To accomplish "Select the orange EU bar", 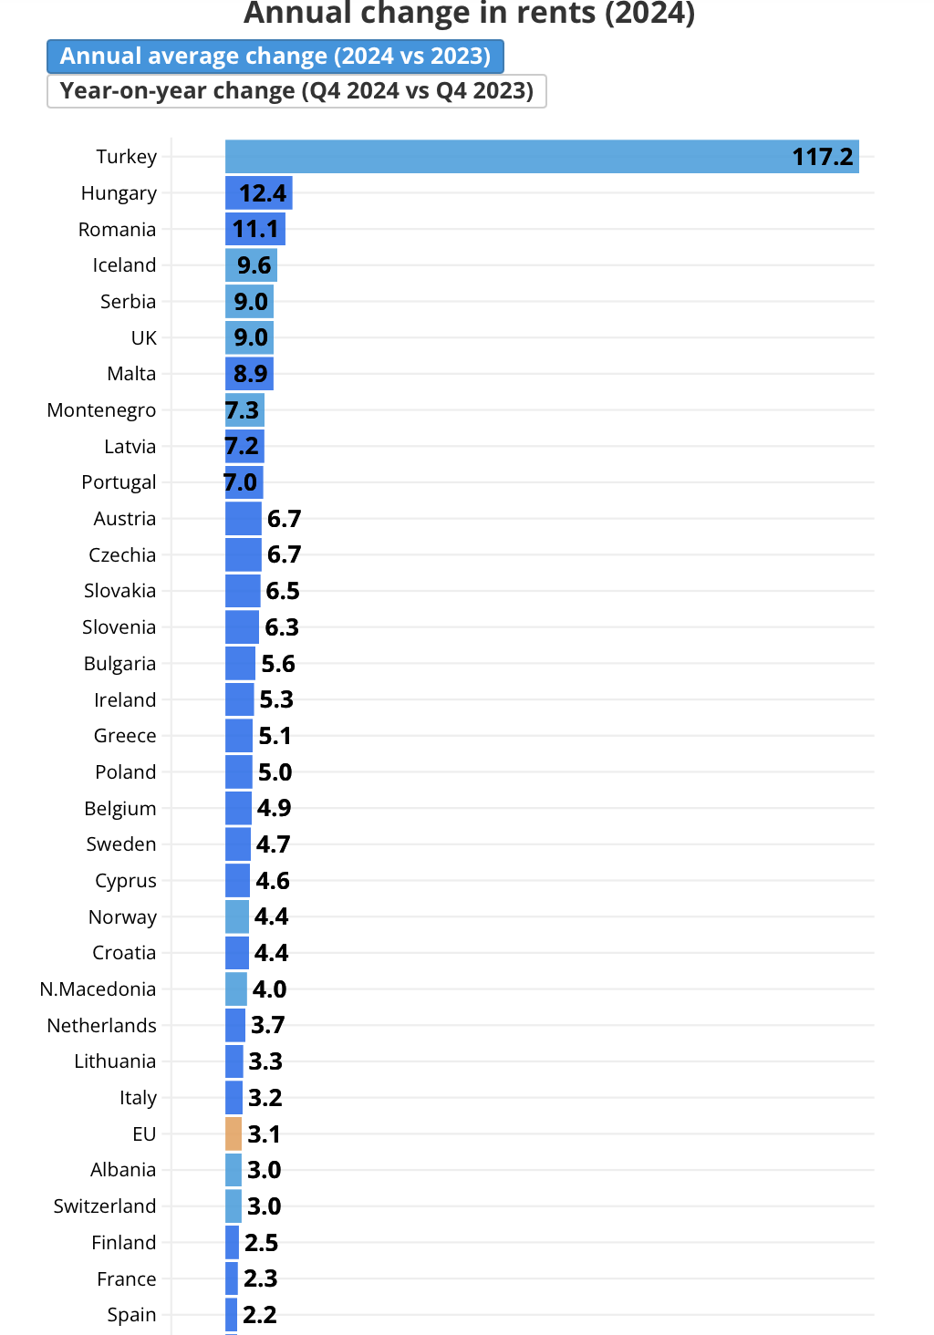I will tap(233, 1133).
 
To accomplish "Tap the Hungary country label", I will tap(119, 193).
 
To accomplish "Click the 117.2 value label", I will tap(822, 157).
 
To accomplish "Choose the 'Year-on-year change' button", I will tap(296, 91).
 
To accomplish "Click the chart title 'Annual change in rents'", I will tap(469, 14).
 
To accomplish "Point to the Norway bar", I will tap(237, 916).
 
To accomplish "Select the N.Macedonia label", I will tap(98, 989).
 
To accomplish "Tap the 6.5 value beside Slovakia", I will tap(283, 591).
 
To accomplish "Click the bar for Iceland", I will tap(251, 265).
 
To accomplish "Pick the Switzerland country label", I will tap(105, 1206).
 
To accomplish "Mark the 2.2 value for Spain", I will tap(260, 1315).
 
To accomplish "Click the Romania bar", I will tap(254, 229).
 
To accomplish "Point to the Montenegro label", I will tap(101, 410).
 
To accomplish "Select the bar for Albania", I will tap(233, 1170).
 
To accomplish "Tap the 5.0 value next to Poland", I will tap(275, 772).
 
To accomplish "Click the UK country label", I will tap(144, 338).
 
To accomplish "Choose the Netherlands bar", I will tap(235, 1025).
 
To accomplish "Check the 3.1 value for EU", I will tap(264, 1134).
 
